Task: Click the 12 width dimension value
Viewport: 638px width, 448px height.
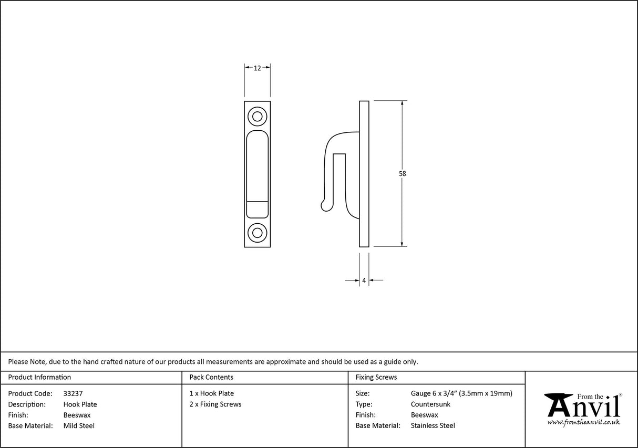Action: click(x=258, y=68)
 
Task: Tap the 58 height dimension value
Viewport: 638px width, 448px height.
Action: click(x=403, y=173)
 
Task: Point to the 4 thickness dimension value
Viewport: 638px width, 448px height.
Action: click(x=364, y=281)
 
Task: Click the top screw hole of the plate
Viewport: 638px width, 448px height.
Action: click(x=258, y=116)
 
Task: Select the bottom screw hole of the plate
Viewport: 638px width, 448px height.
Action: click(x=258, y=231)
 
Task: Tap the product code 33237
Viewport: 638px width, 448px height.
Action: click(x=73, y=393)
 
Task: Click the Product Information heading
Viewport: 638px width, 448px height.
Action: click(x=39, y=377)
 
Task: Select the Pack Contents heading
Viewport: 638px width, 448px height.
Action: click(x=211, y=377)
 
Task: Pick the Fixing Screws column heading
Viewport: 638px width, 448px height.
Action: click(x=376, y=377)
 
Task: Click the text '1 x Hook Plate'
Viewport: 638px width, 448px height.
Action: click(x=211, y=393)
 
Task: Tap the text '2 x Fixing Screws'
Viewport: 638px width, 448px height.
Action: click(x=215, y=404)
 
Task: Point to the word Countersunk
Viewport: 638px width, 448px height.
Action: click(x=430, y=404)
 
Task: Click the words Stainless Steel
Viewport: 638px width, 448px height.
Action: click(x=433, y=426)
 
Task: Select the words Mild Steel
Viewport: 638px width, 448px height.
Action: click(x=79, y=426)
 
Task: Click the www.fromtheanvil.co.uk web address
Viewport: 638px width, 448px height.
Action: click(x=583, y=422)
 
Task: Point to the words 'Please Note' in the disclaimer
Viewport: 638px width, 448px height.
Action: click(x=27, y=361)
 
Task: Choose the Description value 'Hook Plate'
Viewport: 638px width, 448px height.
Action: click(x=80, y=404)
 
